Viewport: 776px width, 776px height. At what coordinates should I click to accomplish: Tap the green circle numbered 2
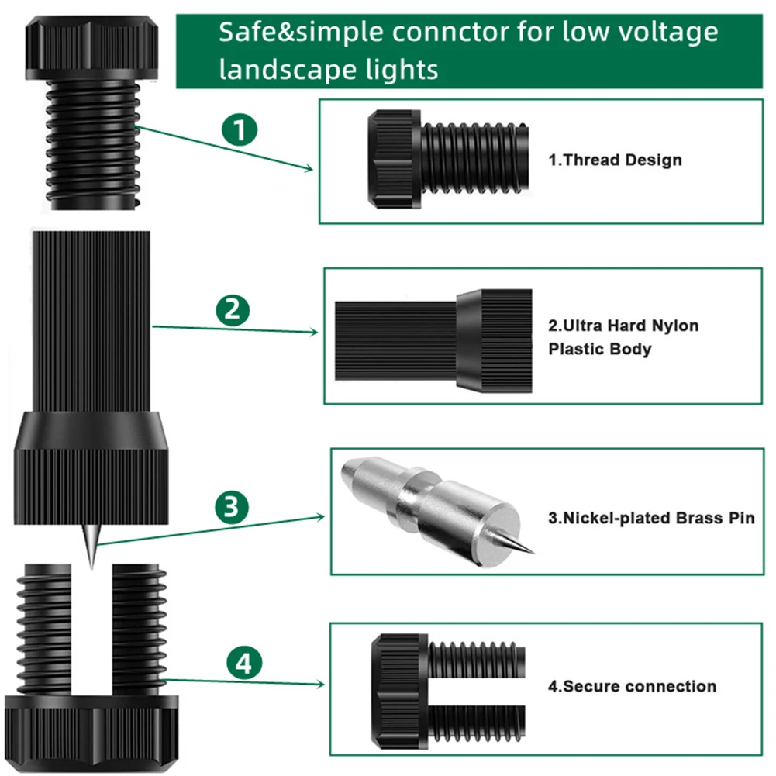[232, 310]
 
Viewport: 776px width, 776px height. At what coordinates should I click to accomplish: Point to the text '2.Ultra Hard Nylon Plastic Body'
[623, 337]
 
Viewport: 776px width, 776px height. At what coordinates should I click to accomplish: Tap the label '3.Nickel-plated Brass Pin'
[651, 518]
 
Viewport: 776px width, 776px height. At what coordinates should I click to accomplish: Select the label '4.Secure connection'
[632, 686]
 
